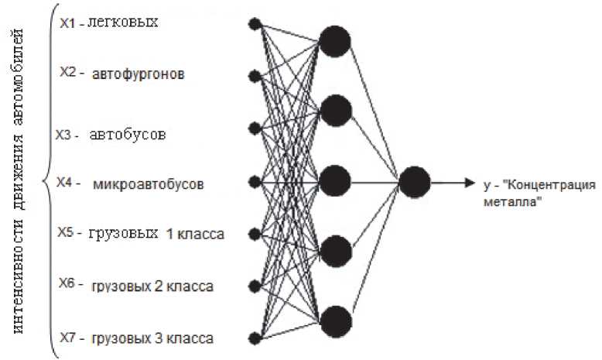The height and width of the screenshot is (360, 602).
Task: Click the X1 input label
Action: click(67, 23)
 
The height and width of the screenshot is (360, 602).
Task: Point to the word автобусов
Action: click(128, 135)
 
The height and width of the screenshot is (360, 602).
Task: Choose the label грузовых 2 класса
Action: click(152, 286)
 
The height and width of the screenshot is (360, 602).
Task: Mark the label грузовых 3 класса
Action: click(152, 338)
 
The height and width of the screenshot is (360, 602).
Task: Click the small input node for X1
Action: click(253, 24)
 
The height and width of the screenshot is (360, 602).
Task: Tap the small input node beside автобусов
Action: click(253, 129)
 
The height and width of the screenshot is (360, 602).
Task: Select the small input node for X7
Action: click(253, 338)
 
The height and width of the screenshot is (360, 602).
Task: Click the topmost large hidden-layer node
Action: click(335, 41)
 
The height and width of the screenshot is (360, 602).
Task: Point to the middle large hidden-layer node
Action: click(335, 180)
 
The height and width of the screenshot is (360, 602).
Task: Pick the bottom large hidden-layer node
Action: click(335, 320)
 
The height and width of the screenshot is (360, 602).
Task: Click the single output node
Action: click(415, 182)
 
